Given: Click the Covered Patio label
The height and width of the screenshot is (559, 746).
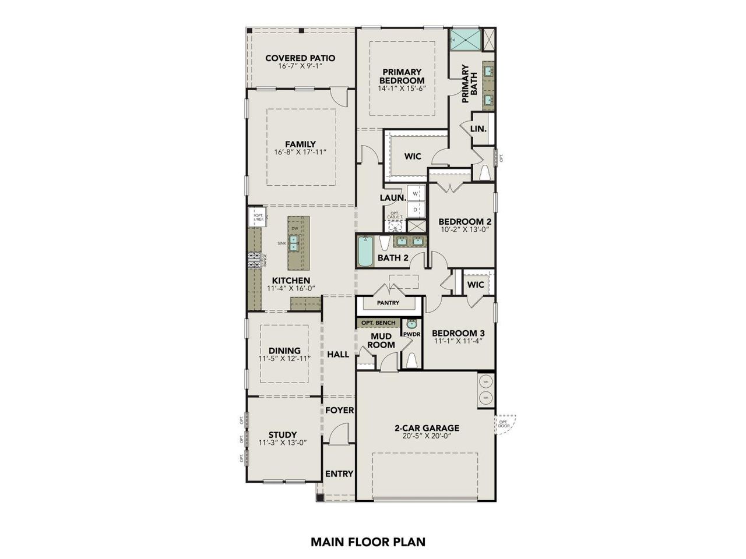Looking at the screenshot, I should (x=300, y=58).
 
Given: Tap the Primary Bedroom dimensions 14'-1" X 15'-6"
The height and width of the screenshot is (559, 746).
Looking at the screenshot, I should (x=402, y=89).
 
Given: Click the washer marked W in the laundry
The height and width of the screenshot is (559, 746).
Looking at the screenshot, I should (x=416, y=193).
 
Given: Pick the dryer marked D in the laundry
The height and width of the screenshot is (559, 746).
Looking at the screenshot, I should (x=416, y=209).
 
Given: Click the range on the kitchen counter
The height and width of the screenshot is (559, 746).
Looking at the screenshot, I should (x=255, y=260).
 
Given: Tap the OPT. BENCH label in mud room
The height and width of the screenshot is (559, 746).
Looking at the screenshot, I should (x=378, y=323).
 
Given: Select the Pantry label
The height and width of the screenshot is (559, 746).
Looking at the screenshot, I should (x=388, y=303).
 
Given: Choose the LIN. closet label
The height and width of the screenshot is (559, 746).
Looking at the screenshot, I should (x=478, y=128).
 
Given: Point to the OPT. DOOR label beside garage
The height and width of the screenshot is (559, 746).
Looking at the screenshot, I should (x=504, y=424).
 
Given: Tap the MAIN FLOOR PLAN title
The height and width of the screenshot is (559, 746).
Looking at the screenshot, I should (x=368, y=542).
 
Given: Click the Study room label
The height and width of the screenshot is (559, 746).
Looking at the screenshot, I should (x=283, y=434).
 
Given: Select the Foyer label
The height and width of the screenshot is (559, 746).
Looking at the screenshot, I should (x=339, y=410).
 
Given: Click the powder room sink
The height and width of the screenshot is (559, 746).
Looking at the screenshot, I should (x=412, y=325).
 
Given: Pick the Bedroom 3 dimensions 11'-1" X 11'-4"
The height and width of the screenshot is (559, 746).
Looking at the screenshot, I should (x=458, y=342).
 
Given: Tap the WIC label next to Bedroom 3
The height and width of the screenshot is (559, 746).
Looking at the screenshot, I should (x=476, y=285).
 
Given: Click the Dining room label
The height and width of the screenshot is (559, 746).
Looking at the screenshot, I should (x=284, y=351).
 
